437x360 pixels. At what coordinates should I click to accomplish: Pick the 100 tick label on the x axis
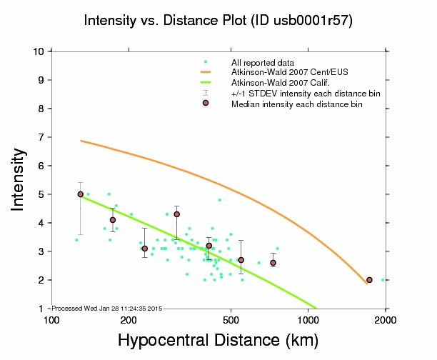tap(51, 319)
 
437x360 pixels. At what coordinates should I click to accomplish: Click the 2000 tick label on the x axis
tap(386, 319)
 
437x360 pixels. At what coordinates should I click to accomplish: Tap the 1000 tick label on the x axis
tap(308, 319)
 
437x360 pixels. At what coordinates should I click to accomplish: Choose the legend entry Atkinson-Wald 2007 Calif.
tap(275, 83)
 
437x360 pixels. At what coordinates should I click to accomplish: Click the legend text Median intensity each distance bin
tap(296, 104)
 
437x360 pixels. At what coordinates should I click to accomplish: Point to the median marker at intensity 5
tap(80, 194)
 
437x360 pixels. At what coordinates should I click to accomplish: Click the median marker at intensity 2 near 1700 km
tap(369, 280)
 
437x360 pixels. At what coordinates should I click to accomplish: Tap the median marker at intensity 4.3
tap(176, 214)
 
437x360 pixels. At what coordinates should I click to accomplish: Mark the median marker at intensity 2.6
tap(273, 263)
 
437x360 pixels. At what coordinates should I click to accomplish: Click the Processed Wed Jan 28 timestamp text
tap(107, 308)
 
